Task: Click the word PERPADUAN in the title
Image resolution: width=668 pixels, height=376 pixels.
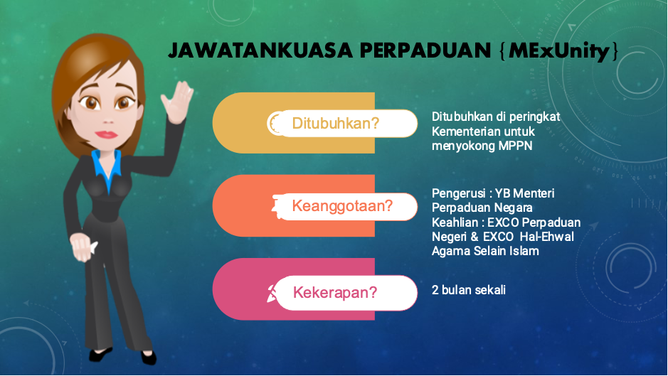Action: point(425,50)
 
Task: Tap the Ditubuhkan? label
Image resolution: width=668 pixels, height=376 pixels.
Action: point(335,124)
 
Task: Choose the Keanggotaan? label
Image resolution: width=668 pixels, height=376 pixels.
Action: point(342,206)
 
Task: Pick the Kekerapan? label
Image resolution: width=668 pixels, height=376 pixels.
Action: point(335,293)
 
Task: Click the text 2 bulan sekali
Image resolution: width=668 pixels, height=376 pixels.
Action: point(469,290)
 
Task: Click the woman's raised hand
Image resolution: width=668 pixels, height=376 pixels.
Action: point(177,102)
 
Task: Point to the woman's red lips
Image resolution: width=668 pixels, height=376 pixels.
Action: point(106,134)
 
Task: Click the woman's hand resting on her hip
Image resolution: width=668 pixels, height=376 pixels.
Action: point(83,246)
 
